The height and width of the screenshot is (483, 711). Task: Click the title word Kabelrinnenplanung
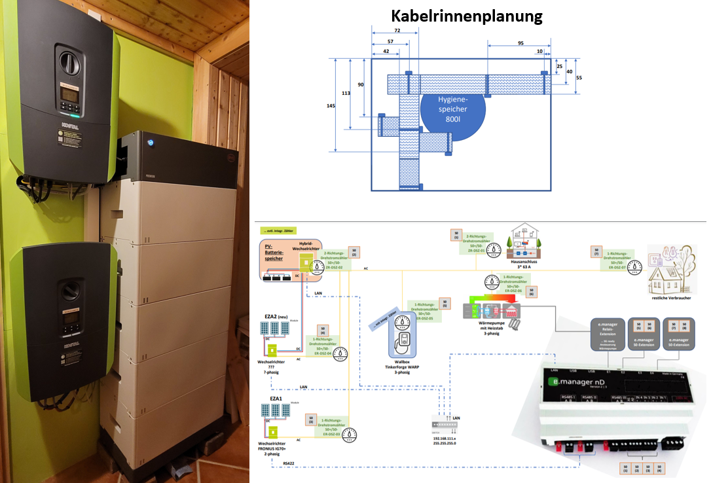[x=466, y=16]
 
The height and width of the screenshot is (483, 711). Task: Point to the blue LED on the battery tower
[x=150, y=142]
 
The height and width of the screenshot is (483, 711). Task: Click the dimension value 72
[x=397, y=31]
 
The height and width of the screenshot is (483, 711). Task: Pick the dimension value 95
[x=520, y=44]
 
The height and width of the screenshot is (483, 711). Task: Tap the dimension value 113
[x=346, y=93]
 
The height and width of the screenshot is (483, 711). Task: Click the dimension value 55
[x=578, y=77]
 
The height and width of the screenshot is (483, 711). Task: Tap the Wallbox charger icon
[x=401, y=341]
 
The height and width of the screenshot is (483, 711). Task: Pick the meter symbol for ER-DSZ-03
[x=352, y=433]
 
